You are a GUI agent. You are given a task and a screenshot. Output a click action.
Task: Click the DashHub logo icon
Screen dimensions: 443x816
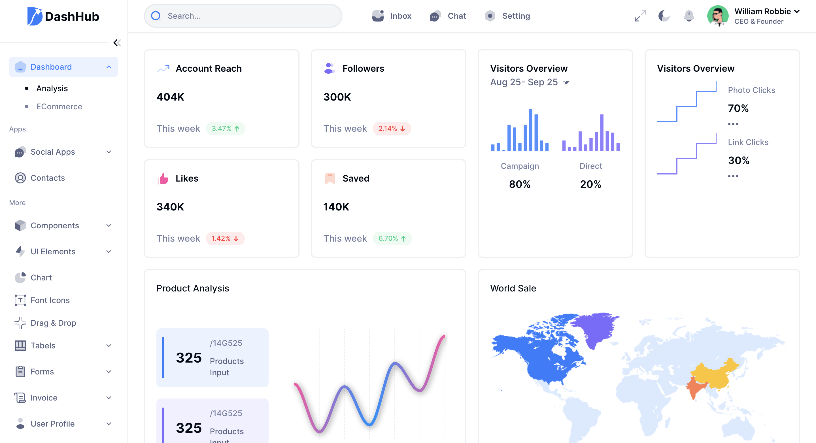(x=35, y=16)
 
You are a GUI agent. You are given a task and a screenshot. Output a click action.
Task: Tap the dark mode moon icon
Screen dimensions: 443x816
(x=664, y=16)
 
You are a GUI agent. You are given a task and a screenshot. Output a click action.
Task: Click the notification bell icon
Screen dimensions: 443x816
(x=689, y=16)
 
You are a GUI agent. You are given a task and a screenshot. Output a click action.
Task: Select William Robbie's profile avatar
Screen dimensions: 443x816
(x=717, y=16)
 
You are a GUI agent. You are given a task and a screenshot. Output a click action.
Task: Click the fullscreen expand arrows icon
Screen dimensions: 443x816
(x=640, y=16)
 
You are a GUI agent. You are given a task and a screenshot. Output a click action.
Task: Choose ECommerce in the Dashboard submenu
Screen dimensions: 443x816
(x=59, y=107)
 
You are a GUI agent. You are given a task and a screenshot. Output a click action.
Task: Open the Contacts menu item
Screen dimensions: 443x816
(x=48, y=178)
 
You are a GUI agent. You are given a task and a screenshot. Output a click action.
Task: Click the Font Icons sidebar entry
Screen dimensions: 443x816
(x=50, y=300)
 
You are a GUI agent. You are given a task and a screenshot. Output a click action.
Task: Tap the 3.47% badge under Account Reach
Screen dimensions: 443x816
(x=225, y=129)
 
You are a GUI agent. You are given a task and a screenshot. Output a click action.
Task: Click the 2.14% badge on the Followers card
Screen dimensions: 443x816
(x=392, y=129)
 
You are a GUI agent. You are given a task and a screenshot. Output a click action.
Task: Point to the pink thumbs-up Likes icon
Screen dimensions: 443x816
(x=163, y=179)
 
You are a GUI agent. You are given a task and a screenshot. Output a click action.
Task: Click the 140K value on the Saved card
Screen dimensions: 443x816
(x=336, y=207)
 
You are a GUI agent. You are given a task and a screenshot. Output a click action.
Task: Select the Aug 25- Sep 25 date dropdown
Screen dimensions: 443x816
(x=530, y=82)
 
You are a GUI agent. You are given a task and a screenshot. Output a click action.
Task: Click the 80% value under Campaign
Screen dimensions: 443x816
(x=520, y=184)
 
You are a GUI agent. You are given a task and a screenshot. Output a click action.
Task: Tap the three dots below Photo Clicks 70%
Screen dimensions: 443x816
(x=733, y=124)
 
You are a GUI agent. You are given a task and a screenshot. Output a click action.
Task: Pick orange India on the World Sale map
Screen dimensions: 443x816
(x=695, y=388)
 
